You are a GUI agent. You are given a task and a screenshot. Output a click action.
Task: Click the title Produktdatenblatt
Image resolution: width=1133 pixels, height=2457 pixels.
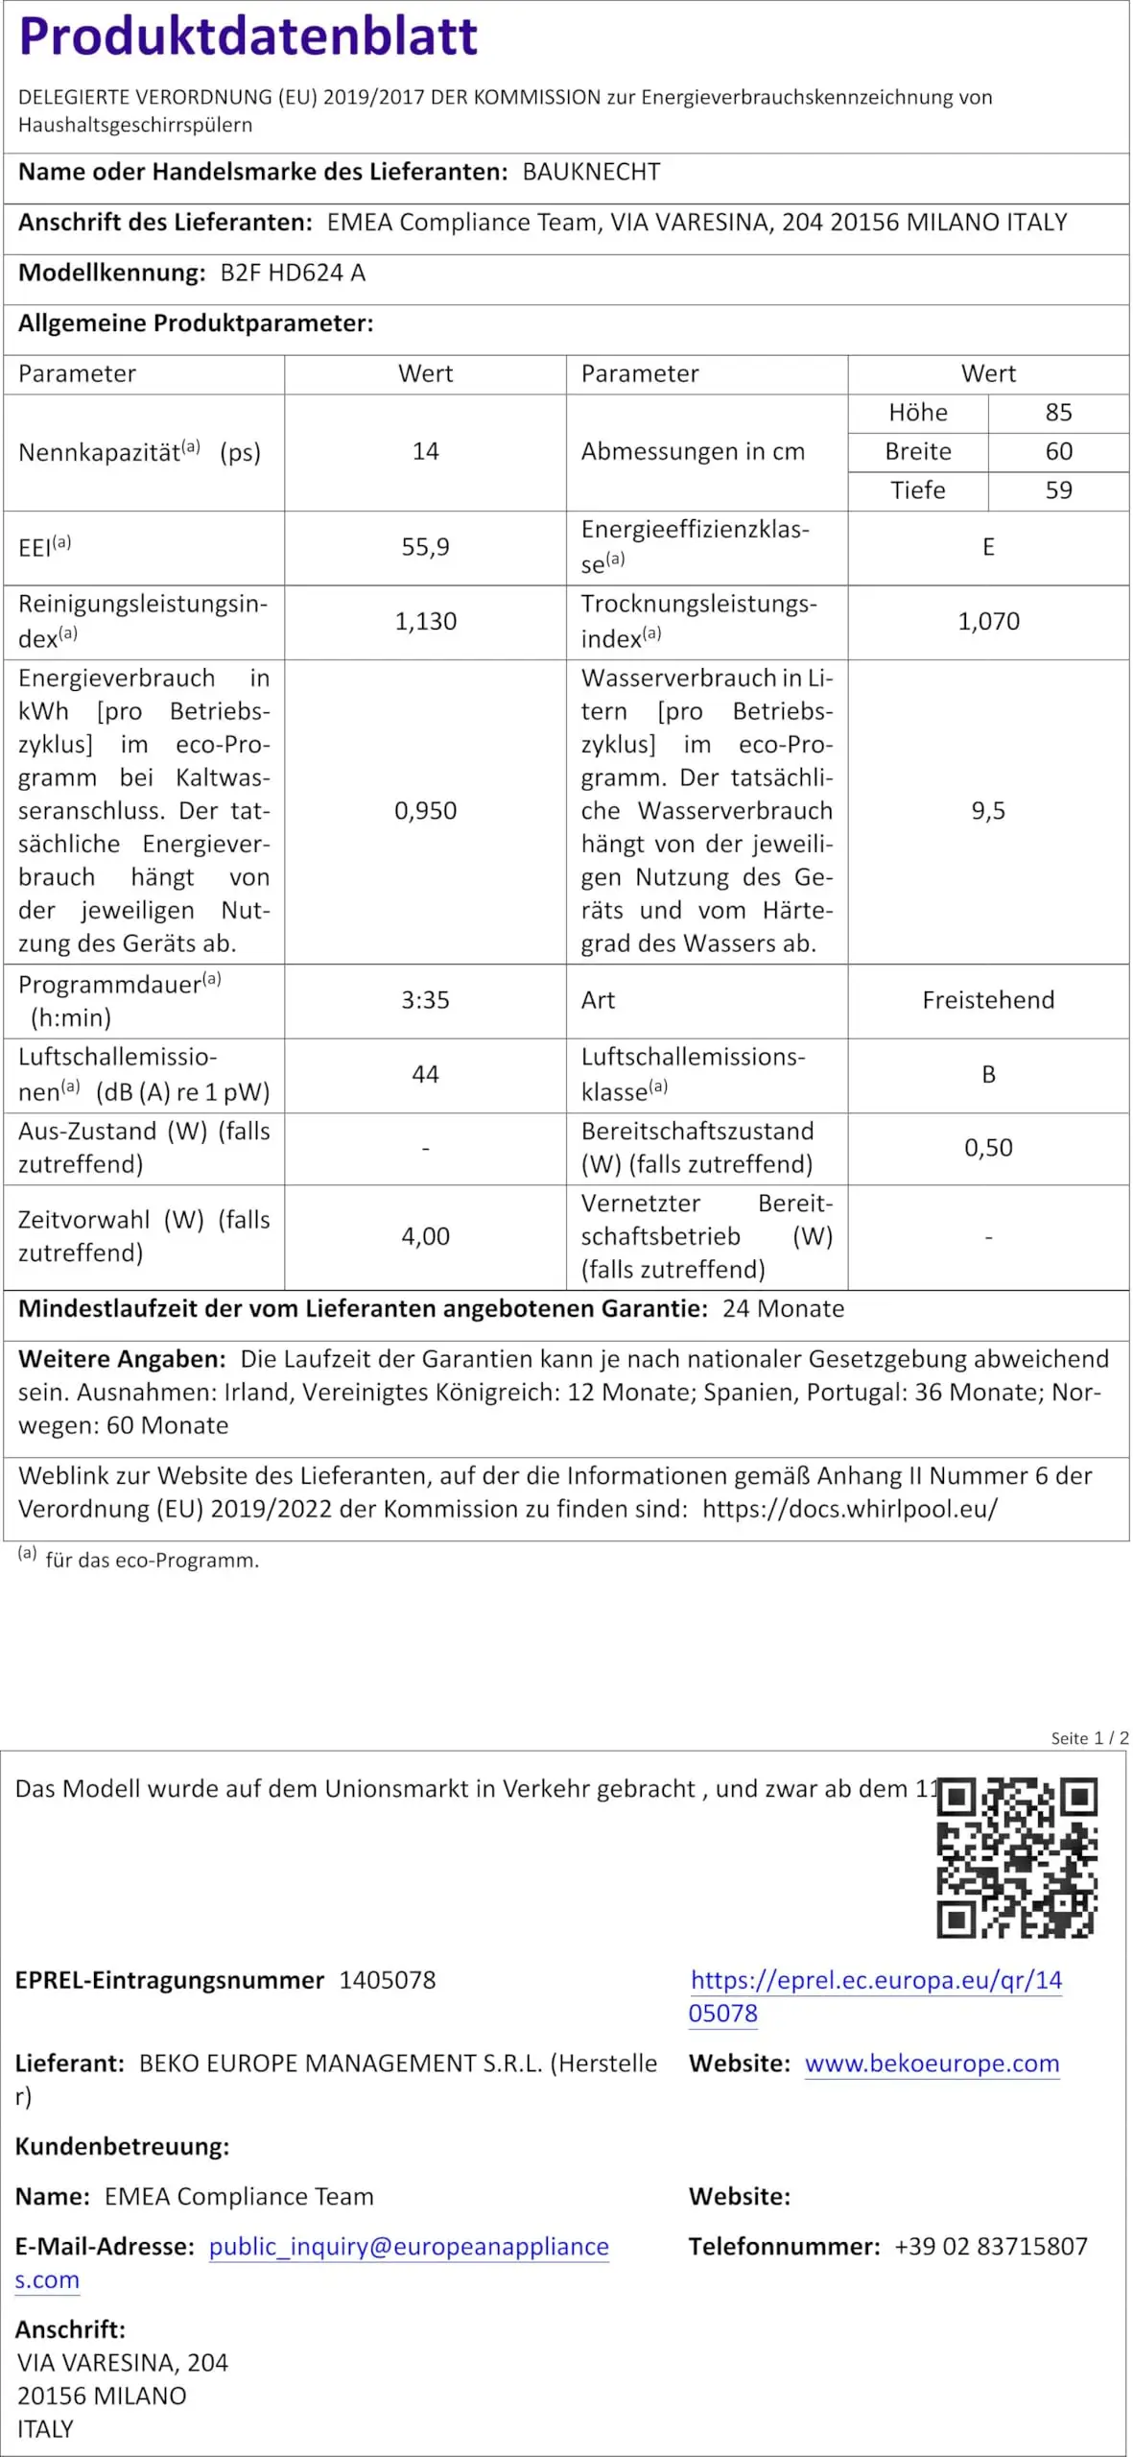coord(248,36)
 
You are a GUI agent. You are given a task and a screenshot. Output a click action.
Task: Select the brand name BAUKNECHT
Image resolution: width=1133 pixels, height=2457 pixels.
coord(591,173)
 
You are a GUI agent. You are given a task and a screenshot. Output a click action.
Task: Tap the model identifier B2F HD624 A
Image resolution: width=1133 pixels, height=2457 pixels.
coord(293,274)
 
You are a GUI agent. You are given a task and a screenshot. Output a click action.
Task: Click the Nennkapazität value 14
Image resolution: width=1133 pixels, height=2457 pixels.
coord(425,452)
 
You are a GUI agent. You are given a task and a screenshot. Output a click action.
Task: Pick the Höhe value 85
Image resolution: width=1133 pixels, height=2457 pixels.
coord(1058,413)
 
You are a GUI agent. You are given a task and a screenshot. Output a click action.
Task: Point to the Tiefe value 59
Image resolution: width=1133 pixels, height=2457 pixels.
coord(1058,490)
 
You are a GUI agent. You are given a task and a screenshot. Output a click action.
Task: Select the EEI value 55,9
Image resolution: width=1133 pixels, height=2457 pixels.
coord(425,547)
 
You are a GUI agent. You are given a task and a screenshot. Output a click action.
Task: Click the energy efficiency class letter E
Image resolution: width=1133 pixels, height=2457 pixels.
coord(988,547)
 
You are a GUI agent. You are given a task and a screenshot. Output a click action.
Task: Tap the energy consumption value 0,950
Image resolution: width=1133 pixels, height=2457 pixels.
coord(425,811)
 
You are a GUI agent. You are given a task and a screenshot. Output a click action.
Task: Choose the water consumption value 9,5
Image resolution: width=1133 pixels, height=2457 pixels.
coord(988,811)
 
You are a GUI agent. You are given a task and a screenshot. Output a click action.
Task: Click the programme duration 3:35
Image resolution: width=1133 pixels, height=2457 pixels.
coord(425,1000)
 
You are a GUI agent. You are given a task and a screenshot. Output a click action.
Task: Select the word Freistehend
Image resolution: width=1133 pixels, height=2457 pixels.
coord(988,1000)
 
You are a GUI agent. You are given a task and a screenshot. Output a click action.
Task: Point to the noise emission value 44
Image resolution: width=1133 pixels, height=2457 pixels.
coord(425,1074)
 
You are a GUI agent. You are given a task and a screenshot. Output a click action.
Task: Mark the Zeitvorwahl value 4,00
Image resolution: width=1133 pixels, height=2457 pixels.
coord(425,1236)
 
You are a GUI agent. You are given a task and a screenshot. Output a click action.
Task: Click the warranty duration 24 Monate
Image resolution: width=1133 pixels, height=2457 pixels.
coord(783,1309)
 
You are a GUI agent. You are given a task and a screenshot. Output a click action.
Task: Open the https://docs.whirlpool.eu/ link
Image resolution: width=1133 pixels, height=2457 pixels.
coord(850,1509)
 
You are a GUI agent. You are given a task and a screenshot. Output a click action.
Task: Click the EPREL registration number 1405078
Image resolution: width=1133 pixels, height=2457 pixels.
coord(388,1980)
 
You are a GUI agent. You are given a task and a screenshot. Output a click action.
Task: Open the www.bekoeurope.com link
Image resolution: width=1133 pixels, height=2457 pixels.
coord(932,2063)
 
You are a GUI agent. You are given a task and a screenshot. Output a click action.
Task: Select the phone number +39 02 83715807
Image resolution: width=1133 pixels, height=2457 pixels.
coord(991,2247)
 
